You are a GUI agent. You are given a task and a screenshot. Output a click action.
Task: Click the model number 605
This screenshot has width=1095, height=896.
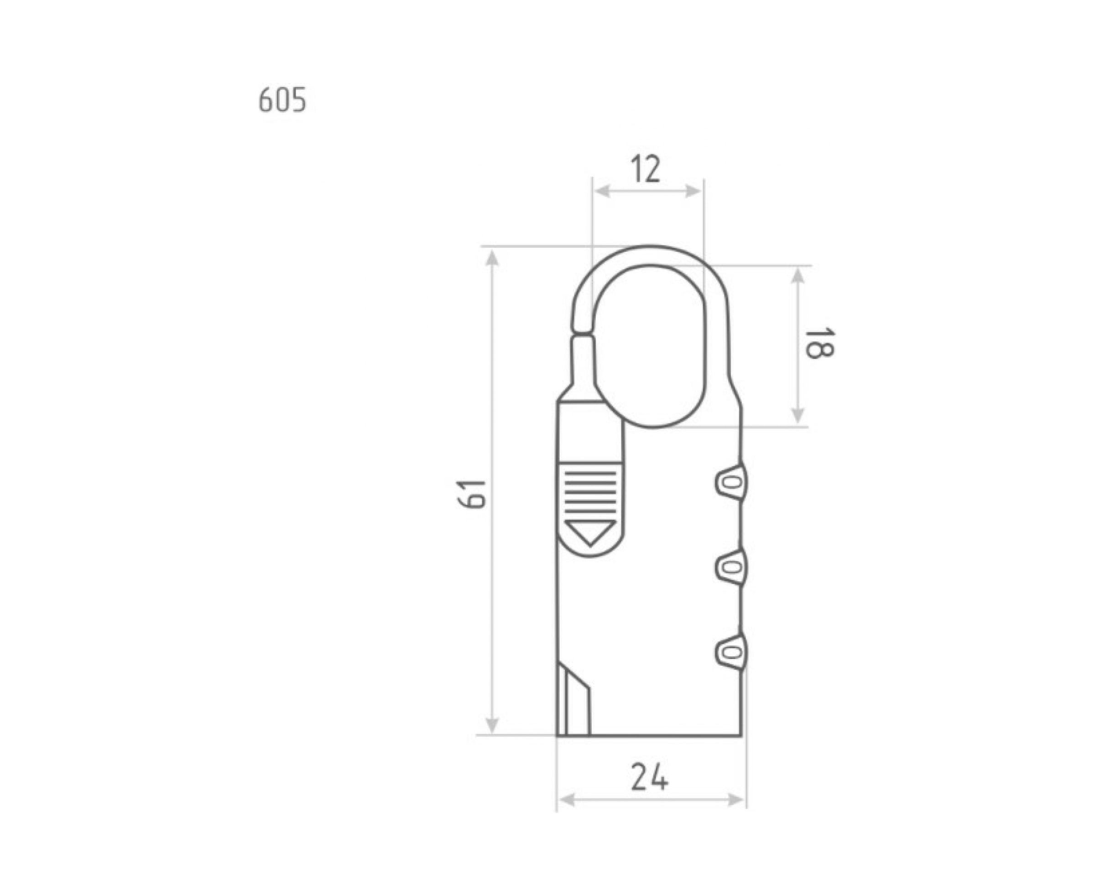pyautogui.click(x=282, y=99)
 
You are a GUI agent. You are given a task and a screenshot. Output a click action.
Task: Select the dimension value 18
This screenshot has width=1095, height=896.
pyautogui.click(x=819, y=343)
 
